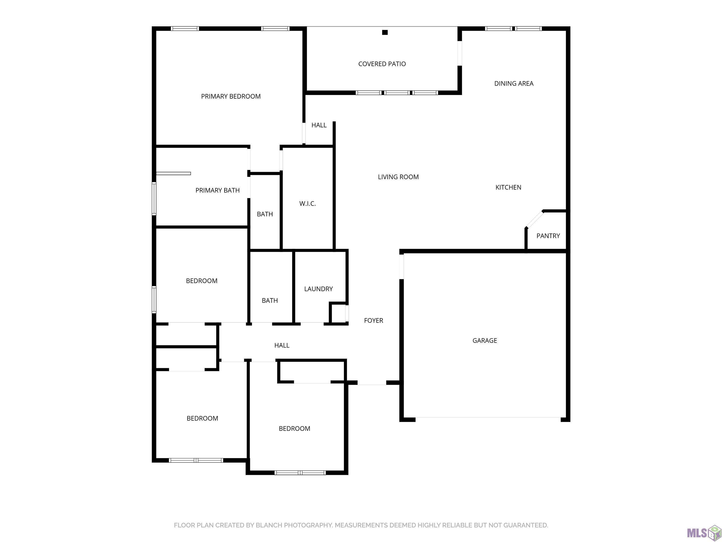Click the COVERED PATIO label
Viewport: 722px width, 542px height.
pyautogui.click(x=382, y=64)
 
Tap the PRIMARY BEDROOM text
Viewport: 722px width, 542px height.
pyautogui.click(x=231, y=96)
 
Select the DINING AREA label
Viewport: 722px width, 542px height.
pyautogui.click(x=514, y=84)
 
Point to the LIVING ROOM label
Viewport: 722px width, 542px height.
pyautogui.click(x=398, y=177)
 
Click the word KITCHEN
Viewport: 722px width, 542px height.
pyautogui.click(x=508, y=187)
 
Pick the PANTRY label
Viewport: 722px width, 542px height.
pyautogui.click(x=548, y=236)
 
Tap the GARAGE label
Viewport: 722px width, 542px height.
pyautogui.click(x=485, y=341)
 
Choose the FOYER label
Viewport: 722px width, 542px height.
pyautogui.click(x=373, y=321)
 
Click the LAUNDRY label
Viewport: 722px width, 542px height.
pyautogui.click(x=318, y=289)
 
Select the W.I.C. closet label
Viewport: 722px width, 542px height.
pyautogui.click(x=308, y=204)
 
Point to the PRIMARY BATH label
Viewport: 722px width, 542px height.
pyautogui.click(x=217, y=190)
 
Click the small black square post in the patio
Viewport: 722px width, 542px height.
pyautogui.click(x=385, y=32)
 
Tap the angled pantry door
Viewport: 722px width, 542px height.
pyautogui.click(x=534, y=219)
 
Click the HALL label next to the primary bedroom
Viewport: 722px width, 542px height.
pyautogui.click(x=319, y=125)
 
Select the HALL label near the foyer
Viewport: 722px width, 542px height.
pyautogui.click(x=282, y=345)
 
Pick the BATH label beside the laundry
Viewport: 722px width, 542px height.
pyautogui.click(x=270, y=301)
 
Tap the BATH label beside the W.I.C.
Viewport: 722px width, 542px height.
pyautogui.click(x=265, y=214)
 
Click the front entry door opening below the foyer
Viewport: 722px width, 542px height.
pyautogui.click(x=372, y=383)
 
